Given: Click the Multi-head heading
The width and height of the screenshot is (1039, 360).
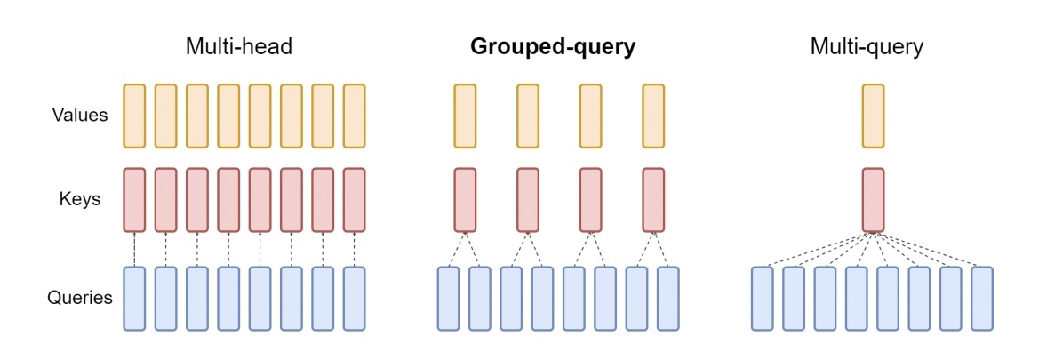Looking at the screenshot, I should tap(238, 47).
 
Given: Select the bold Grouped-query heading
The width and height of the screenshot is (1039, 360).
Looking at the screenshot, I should tap(553, 47).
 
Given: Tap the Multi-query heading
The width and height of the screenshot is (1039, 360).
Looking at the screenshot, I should tap(867, 47).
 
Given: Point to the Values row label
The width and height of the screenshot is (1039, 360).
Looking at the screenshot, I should tap(80, 116).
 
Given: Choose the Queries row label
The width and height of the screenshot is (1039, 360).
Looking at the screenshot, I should tap(80, 297).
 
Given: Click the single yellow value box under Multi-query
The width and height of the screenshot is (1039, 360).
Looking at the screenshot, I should tap(874, 116).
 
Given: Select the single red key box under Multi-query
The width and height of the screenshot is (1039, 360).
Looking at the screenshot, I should tap(874, 200).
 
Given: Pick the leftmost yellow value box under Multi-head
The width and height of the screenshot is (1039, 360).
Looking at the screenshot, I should tap(134, 116).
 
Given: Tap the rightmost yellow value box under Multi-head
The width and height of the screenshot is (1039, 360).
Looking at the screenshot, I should tap(355, 116).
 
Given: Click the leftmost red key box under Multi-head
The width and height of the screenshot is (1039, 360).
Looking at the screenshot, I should tap(134, 200).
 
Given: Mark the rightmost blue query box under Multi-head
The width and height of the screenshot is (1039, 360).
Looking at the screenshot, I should tap(355, 298).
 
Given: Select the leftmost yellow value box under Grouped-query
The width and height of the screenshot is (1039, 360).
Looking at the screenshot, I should tap(465, 116).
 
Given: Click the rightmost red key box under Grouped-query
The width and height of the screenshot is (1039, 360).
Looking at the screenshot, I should tap(653, 200).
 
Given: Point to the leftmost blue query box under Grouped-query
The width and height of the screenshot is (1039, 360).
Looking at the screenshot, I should tap(449, 298).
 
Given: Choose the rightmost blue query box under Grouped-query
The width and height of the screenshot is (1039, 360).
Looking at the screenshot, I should tap(668, 298).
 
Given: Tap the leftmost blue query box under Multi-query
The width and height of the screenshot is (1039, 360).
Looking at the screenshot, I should tap(763, 298).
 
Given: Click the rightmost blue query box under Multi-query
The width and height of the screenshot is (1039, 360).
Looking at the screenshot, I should tap(982, 298).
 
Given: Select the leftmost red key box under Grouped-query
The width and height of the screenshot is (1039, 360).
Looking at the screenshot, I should tap(465, 200).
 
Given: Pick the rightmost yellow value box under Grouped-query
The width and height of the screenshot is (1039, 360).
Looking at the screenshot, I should tap(653, 116).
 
